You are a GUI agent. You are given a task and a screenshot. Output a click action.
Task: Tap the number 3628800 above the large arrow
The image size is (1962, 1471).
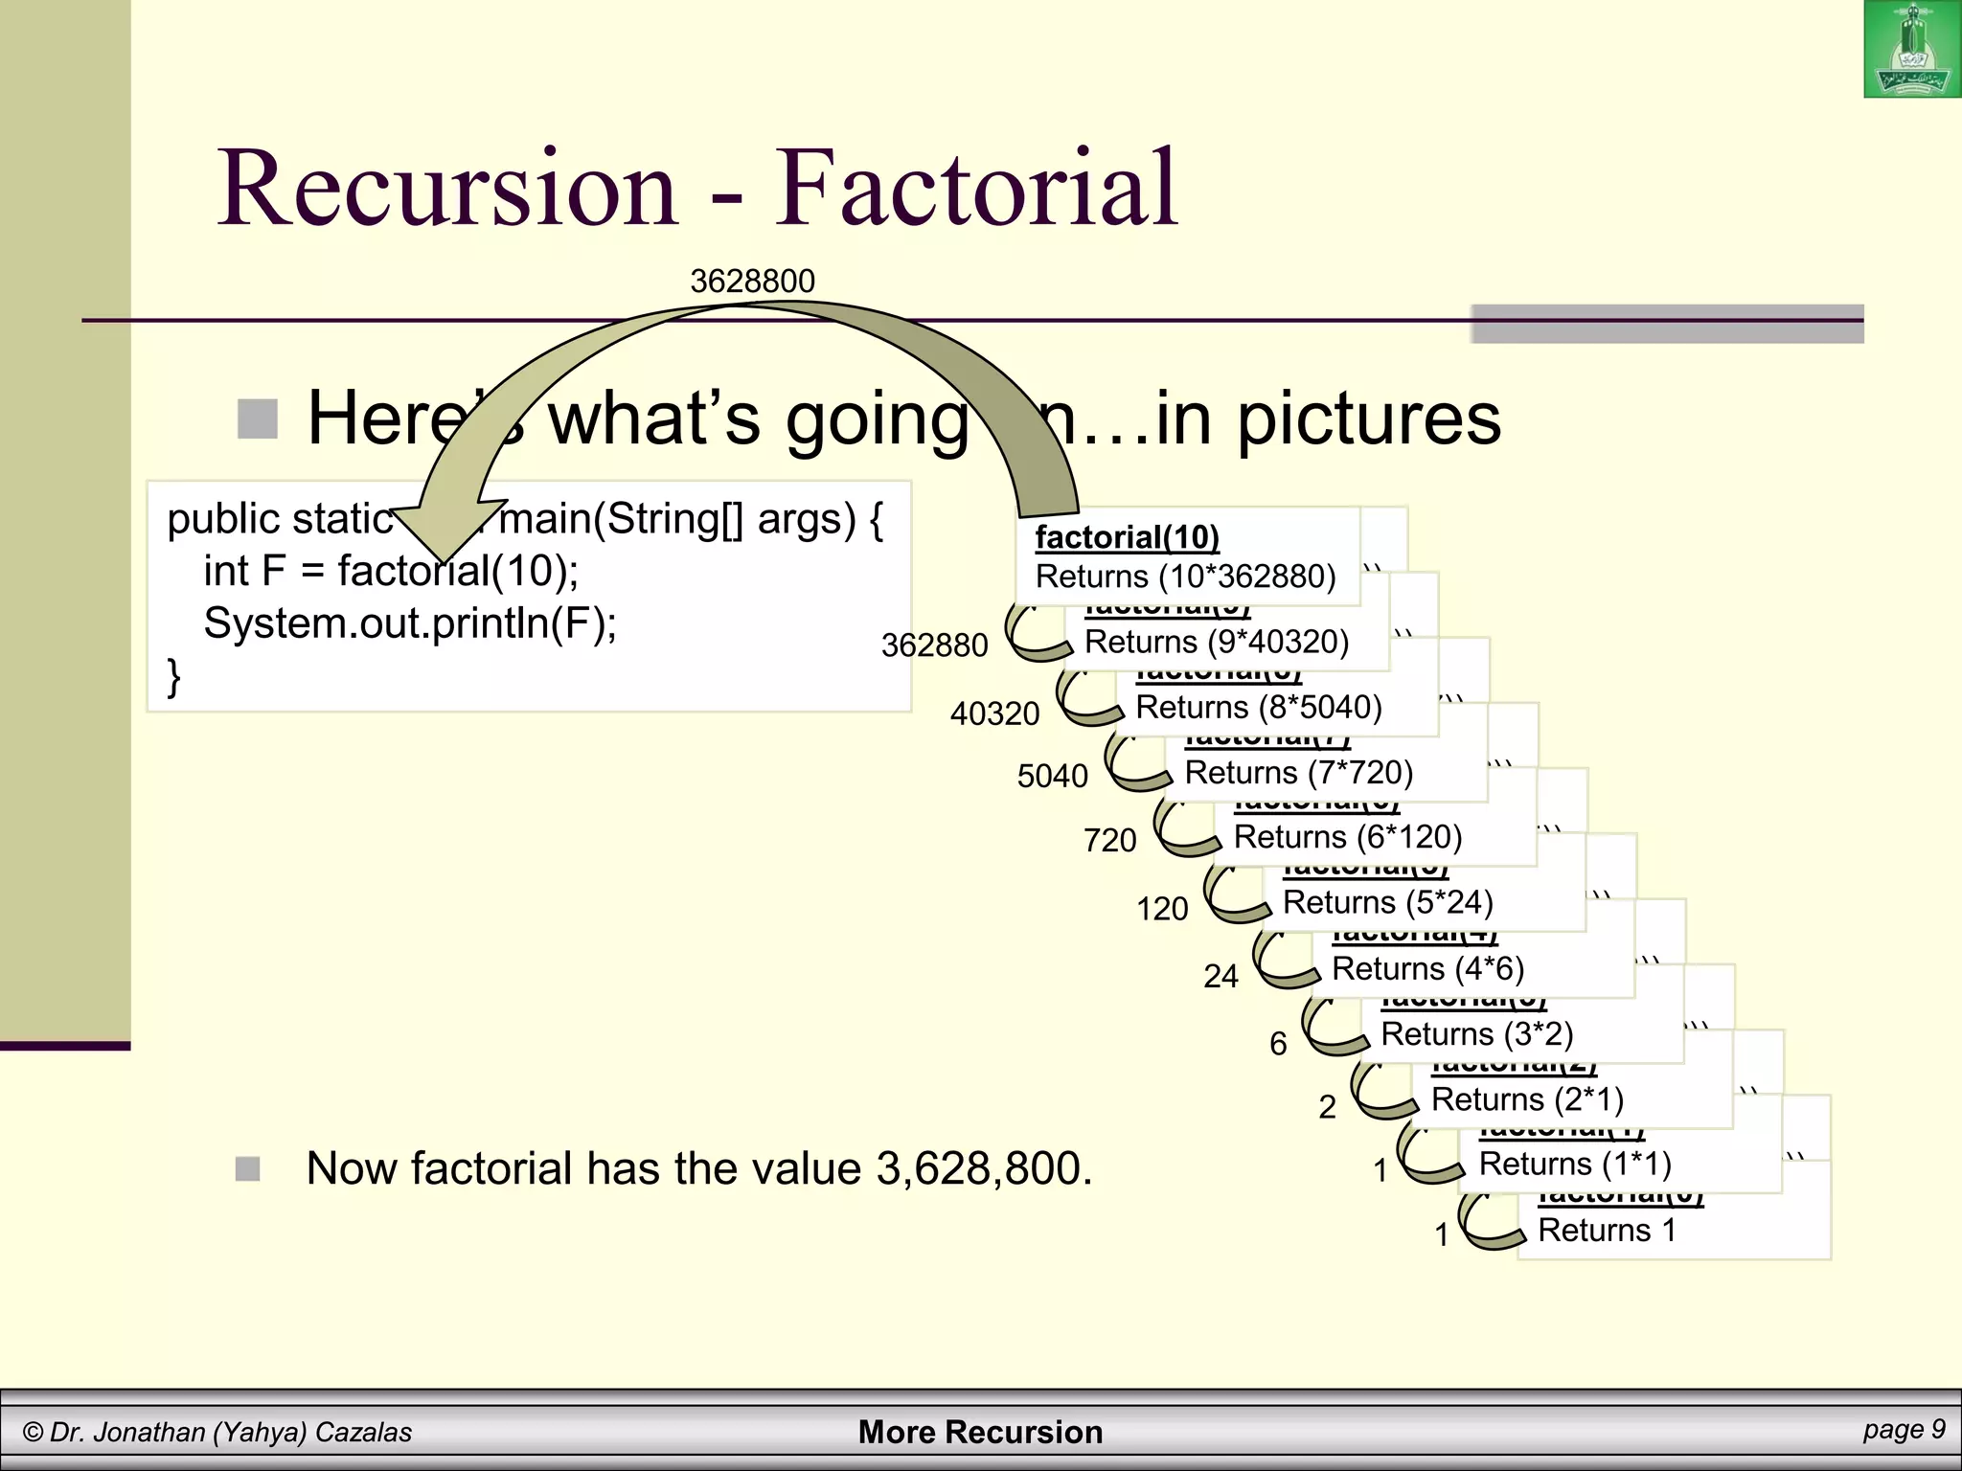[x=752, y=282]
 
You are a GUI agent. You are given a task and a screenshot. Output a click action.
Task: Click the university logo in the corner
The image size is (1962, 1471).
[x=1911, y=50]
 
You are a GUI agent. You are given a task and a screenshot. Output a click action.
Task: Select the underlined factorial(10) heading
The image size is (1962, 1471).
[x=1127, y=537]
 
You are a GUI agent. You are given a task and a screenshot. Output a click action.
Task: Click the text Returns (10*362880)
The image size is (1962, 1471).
[x=1185, y=577]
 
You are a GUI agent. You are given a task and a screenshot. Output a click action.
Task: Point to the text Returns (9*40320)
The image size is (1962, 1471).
[x=1216, y=642]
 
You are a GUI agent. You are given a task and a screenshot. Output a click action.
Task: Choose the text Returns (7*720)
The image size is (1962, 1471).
[x=1298, y=772]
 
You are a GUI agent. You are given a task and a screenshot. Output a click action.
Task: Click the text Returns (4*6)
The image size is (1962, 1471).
[x=1427, y=968]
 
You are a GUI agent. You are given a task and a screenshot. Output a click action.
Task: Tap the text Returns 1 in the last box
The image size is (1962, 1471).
[x=1607, y=1230]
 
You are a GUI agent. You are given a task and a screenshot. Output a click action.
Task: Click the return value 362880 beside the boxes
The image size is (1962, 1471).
[x=934, y=645]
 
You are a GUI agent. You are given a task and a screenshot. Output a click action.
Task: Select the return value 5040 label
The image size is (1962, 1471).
[x=1052, y=776]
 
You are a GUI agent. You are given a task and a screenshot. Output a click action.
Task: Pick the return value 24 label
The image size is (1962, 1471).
[x=1221, y=976]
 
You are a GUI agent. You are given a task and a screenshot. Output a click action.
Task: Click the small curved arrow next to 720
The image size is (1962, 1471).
[x=1184, y=829]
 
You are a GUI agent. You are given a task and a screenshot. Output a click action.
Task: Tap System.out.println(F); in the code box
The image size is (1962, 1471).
[x=410, y=623]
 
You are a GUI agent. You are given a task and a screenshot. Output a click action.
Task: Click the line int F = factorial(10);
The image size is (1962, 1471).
[x=391, y=572]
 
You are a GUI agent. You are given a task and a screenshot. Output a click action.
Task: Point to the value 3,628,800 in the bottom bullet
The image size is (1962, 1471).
[x=983, y=1168]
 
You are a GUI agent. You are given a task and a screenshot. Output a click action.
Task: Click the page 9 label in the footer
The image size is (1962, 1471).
[x=1903, y=1429]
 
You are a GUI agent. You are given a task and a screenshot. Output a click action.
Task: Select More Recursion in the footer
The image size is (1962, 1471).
[x=980, y=1432]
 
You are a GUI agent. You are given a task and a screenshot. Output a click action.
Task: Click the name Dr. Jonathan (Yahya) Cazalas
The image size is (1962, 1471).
[x=230, y=1432]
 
